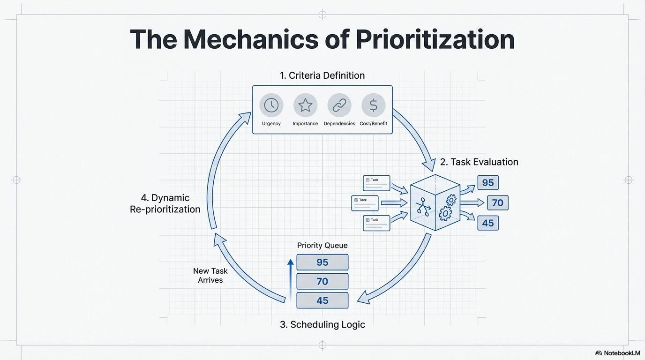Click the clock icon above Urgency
click(x=271, y=105)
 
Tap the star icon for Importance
click(x=305, y=105)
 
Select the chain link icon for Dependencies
click(x=339, y=105)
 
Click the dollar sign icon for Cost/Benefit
click(x=374, y=105)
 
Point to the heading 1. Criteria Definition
click(x=322, y=75)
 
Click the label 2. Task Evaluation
click(x=479, y=162)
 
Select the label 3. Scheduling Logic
click(x=322, y=324)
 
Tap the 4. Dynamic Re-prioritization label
click(x=165, y=203)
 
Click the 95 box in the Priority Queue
click(x=322, y=262)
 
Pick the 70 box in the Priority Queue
click(x=322, y=281)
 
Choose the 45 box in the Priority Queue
click(x=322, y=300)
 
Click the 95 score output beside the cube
click(x=488, y=183)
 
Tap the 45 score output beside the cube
click(x=488, y=223)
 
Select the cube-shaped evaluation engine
click(x=435, y=202)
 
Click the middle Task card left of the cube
click(x=365, y=203)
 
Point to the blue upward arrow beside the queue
click(x=291, y=279)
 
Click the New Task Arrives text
click(x=210, y=276)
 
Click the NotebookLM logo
click(x=617, y=353)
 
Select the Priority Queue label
click(x=322, y=246)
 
